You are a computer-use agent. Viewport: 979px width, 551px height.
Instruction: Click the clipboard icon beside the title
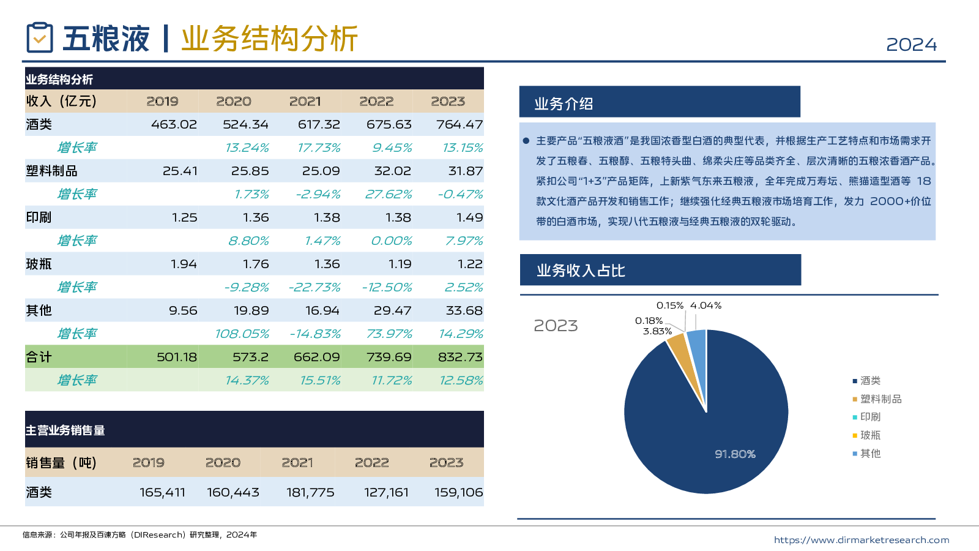(x=40, y=38)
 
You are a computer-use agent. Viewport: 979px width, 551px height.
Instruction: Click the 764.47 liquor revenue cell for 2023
(x=459, y=124)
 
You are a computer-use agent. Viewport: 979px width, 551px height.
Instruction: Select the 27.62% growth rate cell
(x=388, y=194)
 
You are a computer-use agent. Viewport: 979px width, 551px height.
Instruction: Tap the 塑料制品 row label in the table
(x=52, y=171)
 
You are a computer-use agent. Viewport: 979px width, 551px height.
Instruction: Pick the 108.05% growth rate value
(x=242, y=334)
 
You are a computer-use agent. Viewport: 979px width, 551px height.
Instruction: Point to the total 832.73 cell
(x=460, y=357)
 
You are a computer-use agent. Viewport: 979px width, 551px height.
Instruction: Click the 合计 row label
(x=39, y=357)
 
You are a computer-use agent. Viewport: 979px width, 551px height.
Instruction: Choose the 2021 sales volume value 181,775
(x=310, y=492)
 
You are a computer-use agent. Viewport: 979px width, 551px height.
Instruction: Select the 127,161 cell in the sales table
(x=385, y=492)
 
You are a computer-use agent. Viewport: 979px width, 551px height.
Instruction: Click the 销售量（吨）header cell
(x=61, y=463)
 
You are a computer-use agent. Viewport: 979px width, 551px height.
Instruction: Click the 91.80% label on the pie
(x=735, y=454)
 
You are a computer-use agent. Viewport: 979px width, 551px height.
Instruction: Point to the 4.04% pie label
(x=705, y=305)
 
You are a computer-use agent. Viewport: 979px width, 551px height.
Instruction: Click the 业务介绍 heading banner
(x=659, y=102)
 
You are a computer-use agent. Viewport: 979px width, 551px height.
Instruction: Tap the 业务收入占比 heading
(x=660, y=270)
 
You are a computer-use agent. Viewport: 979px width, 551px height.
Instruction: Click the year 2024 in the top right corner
(x=911, y=45)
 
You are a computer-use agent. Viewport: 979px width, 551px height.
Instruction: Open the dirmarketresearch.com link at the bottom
(x=861, y=540)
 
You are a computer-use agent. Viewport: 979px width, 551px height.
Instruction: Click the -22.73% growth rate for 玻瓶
(x=315, y=287)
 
